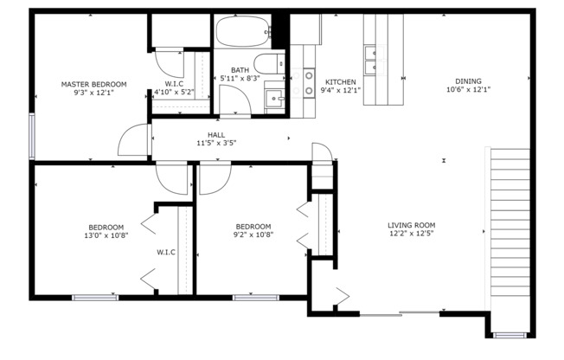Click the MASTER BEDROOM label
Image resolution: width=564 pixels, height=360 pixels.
(x=93, y=84)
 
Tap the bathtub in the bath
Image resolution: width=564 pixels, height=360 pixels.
(x=241, y=34)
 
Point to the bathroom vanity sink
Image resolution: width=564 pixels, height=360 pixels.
(x=275, y=99)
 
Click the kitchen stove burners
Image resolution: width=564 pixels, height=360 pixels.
(x=309, y=82)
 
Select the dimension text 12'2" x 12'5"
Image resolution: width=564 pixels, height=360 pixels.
(x=410, y=234)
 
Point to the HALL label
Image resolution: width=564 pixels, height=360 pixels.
(x=216, y=134)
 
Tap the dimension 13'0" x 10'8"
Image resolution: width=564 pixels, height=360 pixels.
(x=105, y=235)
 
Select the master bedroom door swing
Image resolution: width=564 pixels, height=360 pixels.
(x=135, y=141)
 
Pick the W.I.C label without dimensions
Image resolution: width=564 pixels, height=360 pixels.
(x=166, y=252)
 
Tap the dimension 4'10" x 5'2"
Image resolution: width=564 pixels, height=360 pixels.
(x=173, y=92)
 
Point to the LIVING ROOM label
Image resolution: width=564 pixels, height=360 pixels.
(x=410, y=225)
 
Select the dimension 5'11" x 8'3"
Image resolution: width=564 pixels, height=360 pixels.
(x=241, y=78)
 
